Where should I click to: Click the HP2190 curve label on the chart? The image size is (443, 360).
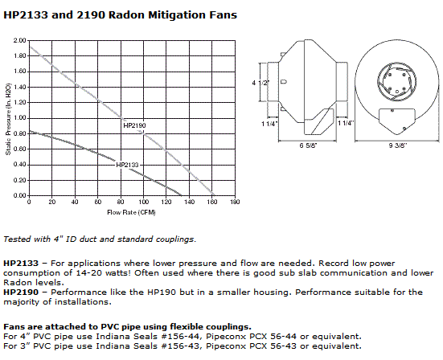pyautogui.click(x=133, y=126)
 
